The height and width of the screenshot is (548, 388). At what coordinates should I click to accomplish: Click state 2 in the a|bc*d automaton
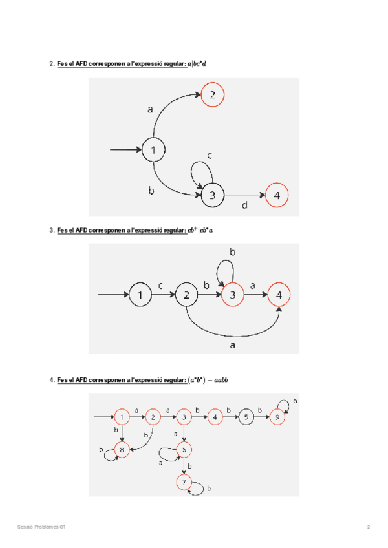[212, 96]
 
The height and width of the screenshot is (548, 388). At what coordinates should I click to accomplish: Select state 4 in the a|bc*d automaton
[277, 195]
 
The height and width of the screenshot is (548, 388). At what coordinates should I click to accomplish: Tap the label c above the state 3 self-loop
[210, 156]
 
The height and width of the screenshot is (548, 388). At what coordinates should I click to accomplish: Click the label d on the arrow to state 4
[244, 205]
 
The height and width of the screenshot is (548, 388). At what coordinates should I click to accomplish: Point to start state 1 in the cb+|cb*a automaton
[139, 295]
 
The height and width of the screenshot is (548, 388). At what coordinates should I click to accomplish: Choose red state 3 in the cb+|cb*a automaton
[232, 295]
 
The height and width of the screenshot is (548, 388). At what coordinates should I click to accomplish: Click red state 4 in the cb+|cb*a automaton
[279, 295]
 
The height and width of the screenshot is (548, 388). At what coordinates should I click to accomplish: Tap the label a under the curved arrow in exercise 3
[233, 346]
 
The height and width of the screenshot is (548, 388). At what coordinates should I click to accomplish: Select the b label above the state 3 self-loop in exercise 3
[233, 251]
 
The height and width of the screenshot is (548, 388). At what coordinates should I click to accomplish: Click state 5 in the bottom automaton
[245, 417]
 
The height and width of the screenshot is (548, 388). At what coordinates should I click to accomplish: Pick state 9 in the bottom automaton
[278, 417]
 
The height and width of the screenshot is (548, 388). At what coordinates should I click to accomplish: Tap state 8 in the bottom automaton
[122, 448]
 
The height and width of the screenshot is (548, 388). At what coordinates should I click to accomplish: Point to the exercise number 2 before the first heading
[51, 64]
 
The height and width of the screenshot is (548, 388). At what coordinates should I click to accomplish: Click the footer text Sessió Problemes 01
[42, 527]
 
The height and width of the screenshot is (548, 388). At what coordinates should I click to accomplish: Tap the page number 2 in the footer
[369, 527]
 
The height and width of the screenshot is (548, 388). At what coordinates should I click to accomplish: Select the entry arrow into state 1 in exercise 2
[126, 150]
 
